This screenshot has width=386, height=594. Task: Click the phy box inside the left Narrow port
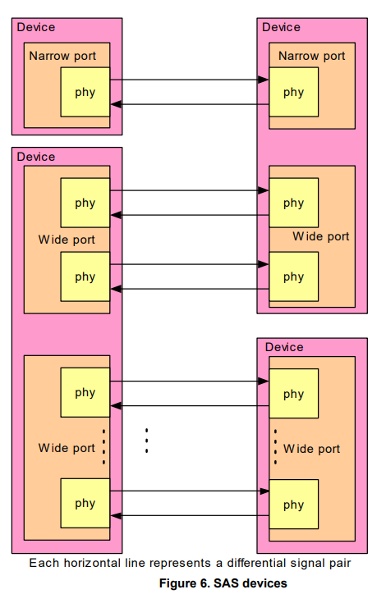85,92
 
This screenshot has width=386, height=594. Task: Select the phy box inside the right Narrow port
293,92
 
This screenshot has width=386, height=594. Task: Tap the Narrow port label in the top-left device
62,56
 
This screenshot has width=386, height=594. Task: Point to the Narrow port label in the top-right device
311,56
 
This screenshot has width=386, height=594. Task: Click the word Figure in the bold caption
178,583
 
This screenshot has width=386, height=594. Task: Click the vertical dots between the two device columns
146,441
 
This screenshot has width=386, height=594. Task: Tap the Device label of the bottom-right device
283,347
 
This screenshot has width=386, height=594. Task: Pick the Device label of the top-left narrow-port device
36,27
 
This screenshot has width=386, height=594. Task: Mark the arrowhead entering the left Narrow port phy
117,104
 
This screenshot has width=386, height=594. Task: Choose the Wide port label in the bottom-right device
311,449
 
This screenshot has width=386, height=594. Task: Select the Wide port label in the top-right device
321,236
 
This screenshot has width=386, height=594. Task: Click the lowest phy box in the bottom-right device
293,505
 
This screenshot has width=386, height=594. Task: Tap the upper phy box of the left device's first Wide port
85,203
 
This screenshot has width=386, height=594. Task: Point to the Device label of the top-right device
282,27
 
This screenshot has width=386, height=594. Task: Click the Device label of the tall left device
36,157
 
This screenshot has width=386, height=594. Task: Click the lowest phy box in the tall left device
85,504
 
